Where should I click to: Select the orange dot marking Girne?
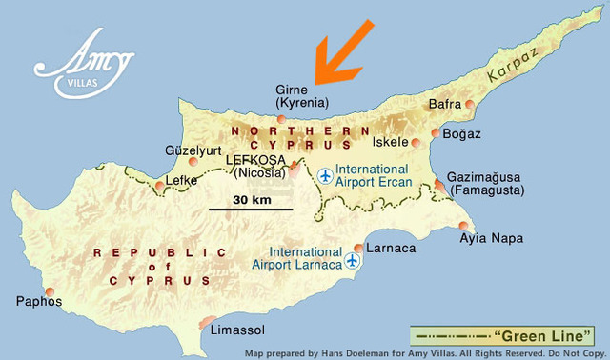(x=280, y=118)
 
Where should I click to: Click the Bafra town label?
(x=445, y=103)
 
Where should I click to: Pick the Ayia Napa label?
(x=492, y=239)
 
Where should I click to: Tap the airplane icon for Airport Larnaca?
(x=354, y=259)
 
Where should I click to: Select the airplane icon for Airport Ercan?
(x=326, y=176)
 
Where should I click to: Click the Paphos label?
(x=38, y=303)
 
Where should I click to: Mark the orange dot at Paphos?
(x=50, y=290)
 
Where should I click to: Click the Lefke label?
(x=181, y=179)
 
